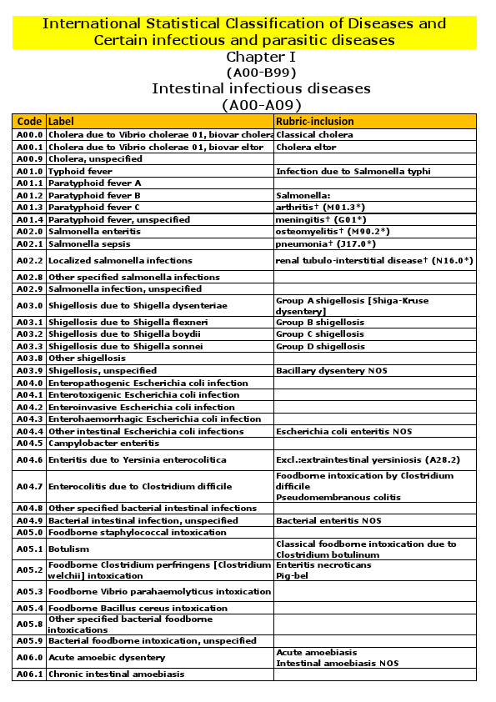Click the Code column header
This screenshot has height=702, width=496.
tap(29, 121)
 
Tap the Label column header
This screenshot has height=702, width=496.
tap(61, 121)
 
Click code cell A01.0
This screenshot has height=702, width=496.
tap(29, 171)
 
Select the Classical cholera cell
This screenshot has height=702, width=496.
tap(314, 134)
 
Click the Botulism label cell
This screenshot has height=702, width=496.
tap(68, 549)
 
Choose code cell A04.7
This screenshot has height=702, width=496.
tap(29, 486)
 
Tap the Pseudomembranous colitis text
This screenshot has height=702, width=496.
tap(326, 498)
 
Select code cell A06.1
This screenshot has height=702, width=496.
tap(29, 674)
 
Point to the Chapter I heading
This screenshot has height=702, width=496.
tap(261, 58)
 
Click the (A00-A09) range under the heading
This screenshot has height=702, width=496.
tap(261, 104)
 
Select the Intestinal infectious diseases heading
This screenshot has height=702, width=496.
tap(261, 88)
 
